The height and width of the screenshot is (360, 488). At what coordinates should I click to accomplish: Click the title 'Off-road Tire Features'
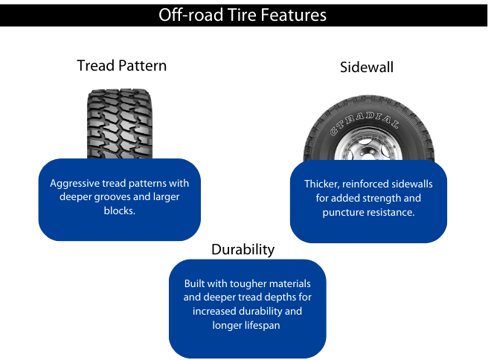pos(243,15)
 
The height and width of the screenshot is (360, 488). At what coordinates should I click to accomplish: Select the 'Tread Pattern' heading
pos(122,65)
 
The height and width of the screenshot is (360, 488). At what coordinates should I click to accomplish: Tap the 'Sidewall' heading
pos(367,68)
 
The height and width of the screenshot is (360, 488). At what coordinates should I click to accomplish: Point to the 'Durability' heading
pos(243,249)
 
